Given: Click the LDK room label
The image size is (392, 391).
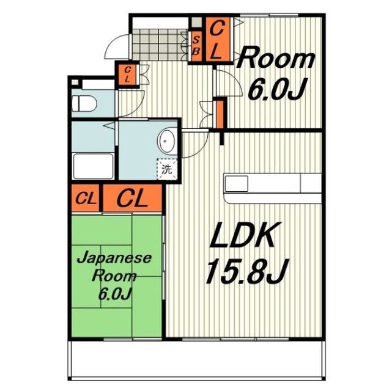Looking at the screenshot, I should [246, 236].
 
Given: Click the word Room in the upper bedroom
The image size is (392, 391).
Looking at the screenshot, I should [276, 60].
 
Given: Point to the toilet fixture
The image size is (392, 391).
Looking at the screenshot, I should [83, 103].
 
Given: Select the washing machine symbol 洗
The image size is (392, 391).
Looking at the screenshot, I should [166, 169].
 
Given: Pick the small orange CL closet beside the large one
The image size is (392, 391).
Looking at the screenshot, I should [86, 199].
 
